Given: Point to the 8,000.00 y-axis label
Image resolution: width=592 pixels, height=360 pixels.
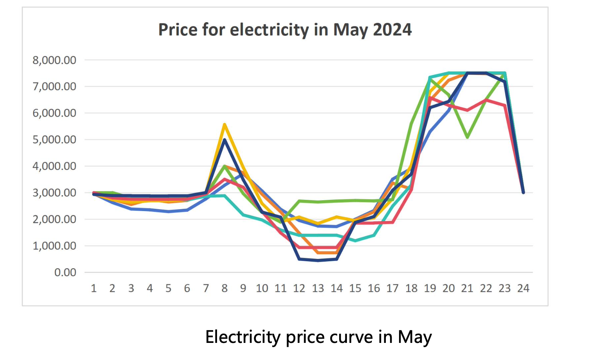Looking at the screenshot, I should pyautogui.click(x=54, y=60).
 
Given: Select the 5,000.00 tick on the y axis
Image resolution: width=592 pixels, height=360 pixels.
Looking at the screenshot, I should pyautogui.click(x=54, y=140).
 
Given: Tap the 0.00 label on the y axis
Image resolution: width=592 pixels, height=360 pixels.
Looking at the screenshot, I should pyautogui.click(x=65, y=272).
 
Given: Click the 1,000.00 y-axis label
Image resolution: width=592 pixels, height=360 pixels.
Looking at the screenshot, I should pyautogui.click(x=54, y=246).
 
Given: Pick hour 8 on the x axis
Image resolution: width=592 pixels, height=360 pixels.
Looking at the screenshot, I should pyautogui.click(x=224, y=288).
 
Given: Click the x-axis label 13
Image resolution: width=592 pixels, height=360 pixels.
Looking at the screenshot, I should pyautogui.click(x=318, y=288).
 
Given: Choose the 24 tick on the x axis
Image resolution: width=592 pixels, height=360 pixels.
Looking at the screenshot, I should pyautogui.click(x=523, y=288).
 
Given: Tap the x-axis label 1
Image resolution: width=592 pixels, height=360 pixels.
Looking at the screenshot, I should pyautogui.click(x=94, y=288).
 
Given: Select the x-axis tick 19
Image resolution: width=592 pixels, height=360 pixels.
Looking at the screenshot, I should pyautogui.click(x=430, y=288).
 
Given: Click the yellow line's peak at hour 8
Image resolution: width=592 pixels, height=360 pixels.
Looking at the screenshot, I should pyautogui.click(x=224, y=124).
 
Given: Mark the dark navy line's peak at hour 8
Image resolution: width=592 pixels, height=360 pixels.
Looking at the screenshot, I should pyautogui.click(x=224, y=140).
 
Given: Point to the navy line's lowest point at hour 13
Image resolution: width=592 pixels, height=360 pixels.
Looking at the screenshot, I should pyautogui.click(x=318, y=260).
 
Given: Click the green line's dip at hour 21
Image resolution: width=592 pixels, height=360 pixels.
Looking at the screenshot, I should pyautogui.click(x=467, y=137).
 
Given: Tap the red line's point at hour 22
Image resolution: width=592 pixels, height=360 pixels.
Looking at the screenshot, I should pyautogui.click(x=486, y=100).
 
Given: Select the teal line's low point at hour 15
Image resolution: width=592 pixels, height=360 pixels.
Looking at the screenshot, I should pyautogui.click(x=355, y=241).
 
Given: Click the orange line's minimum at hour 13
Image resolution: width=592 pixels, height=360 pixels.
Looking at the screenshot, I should pyautogui.click(x=318, y=253).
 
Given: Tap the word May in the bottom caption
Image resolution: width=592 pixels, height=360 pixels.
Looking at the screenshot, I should pyautogui.click(x=415, y=337).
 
